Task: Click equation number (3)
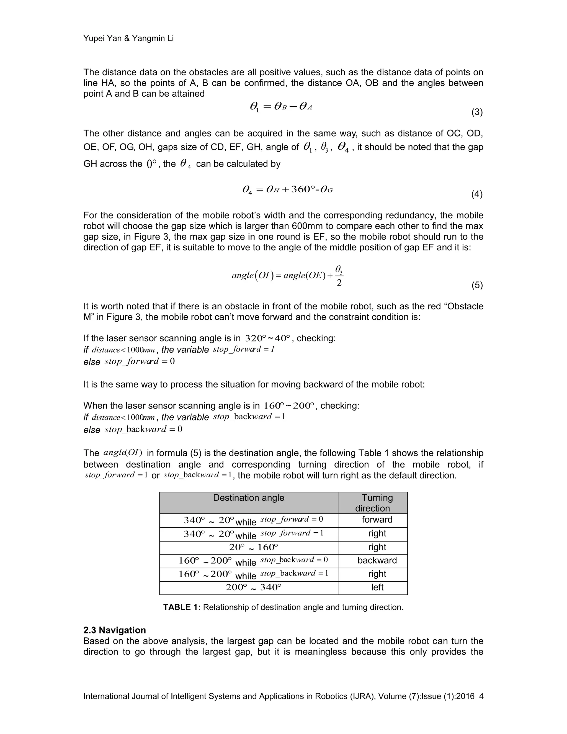(477, 112)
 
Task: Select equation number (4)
(477, 194)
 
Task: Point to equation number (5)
(477, 285)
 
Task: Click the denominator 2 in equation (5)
(339, 283)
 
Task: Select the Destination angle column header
(249, 498)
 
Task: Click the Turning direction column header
(373, 503)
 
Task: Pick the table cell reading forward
(377, 520)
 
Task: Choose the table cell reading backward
(377, 560)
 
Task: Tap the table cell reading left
(377, 587)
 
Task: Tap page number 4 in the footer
(481, 696)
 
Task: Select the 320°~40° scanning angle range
(267, 338)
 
